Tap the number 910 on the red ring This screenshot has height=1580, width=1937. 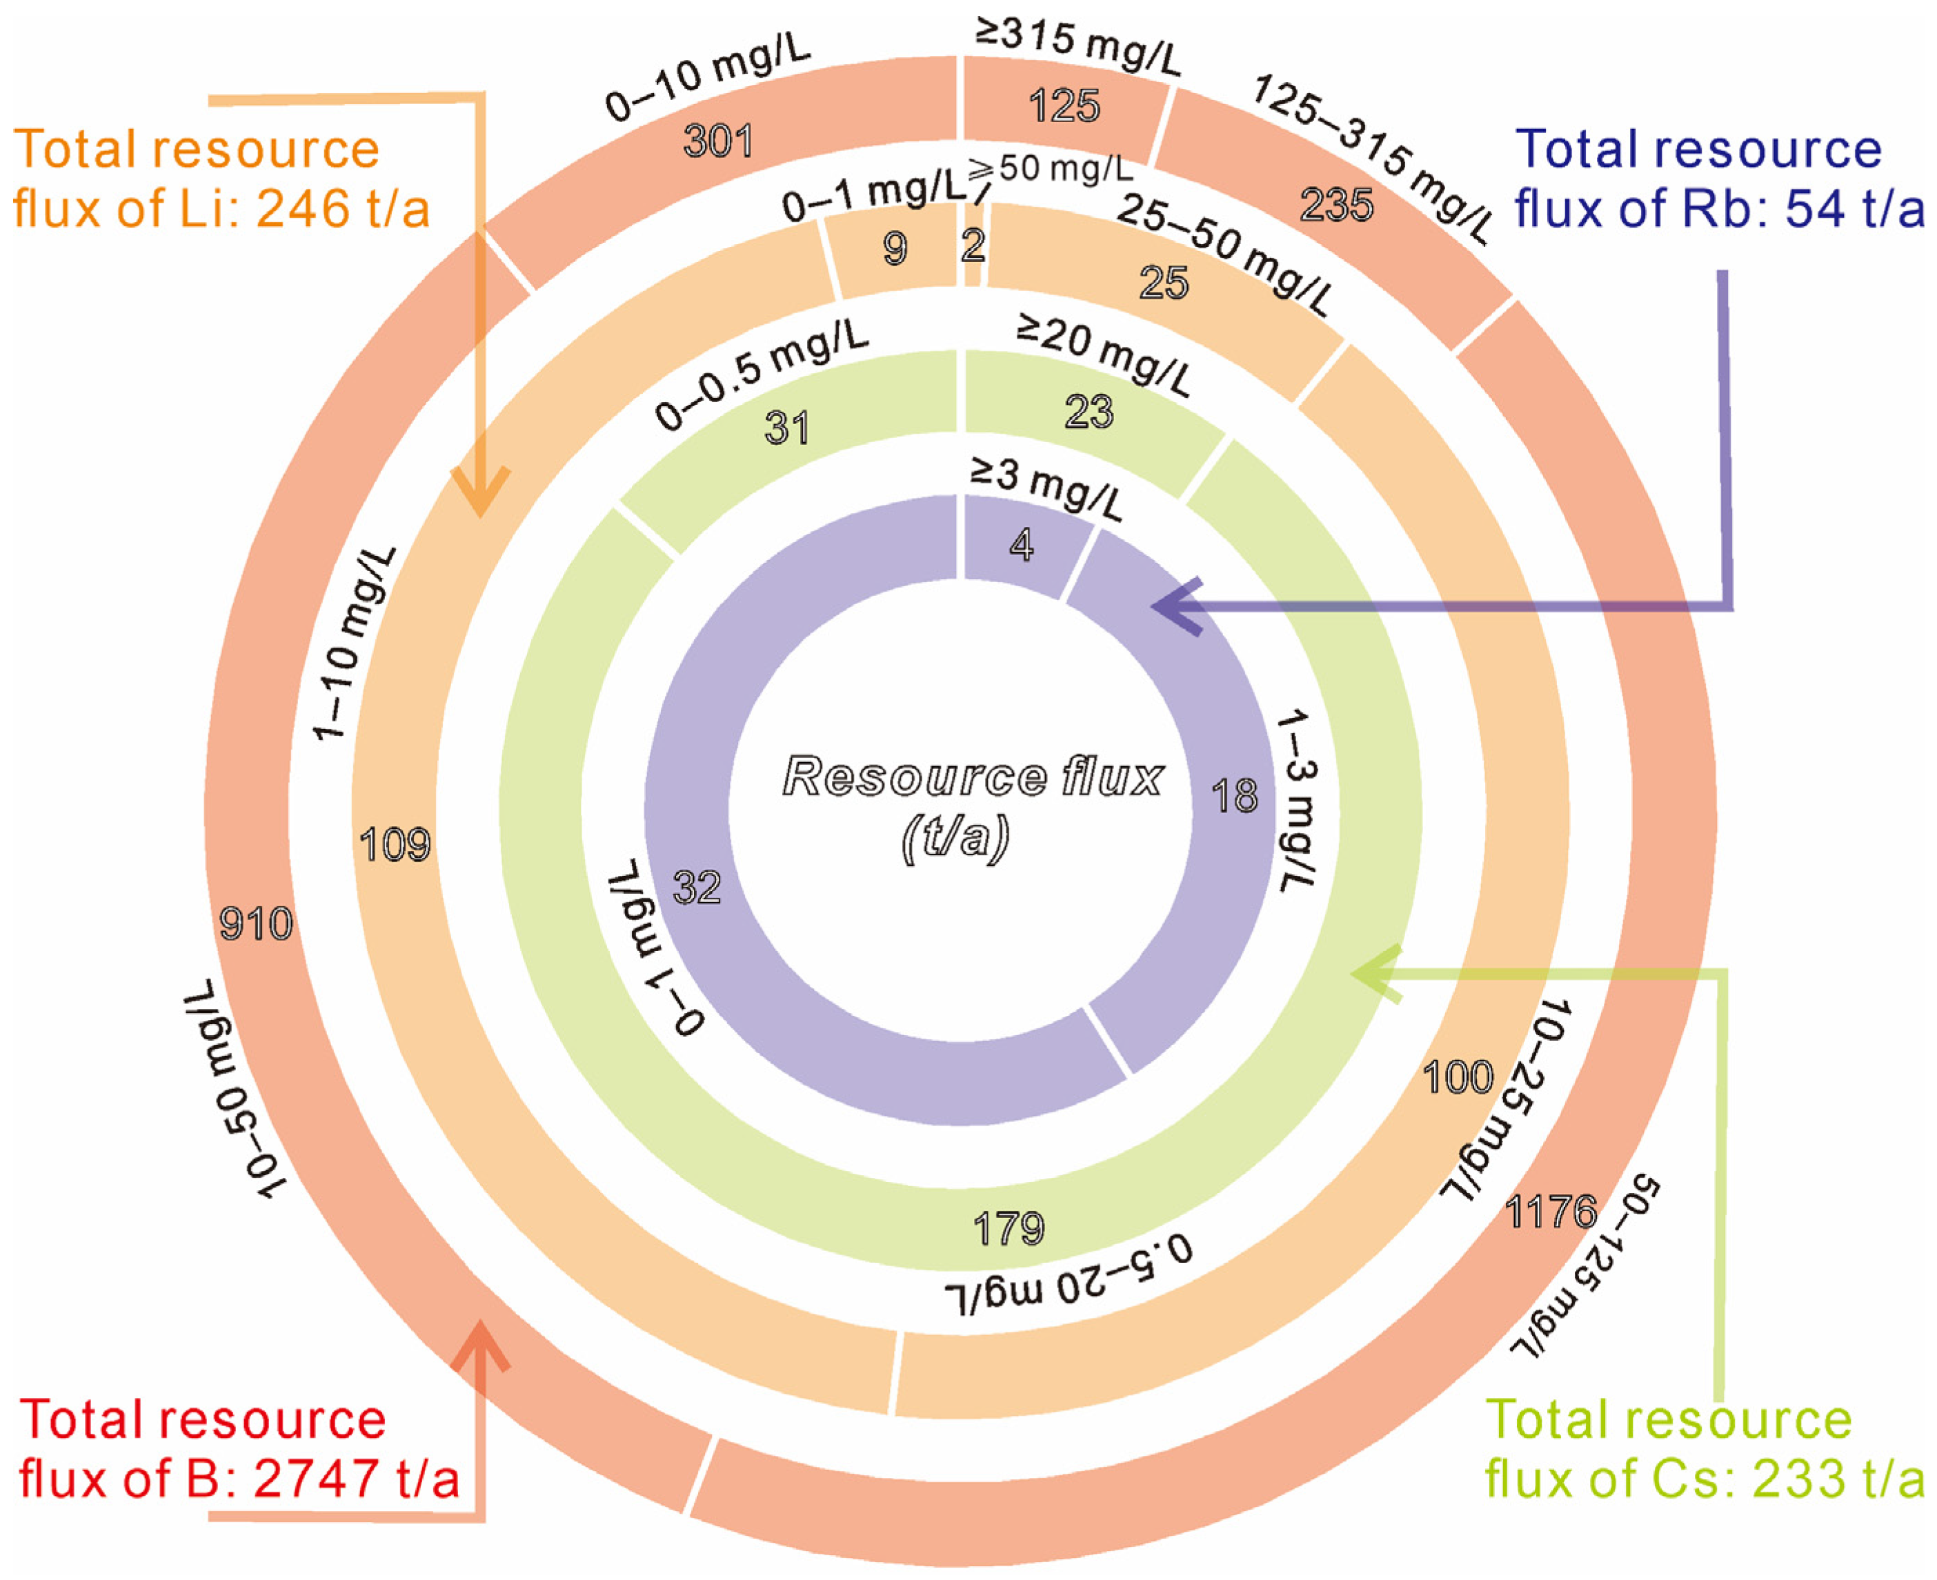(256, 923)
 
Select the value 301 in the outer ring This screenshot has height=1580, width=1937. (718, 141)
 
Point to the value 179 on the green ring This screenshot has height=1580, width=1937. (1009, 1229)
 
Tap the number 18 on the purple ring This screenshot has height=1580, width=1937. (1234, 797)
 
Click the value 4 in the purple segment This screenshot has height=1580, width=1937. (1022, 546)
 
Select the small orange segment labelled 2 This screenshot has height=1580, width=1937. (973, 246)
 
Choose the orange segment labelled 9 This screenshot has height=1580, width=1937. (895, 248)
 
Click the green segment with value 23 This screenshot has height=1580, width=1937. (1089, 412)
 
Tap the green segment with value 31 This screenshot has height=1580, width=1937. (787, 428)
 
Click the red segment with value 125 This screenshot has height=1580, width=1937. (1064, 106)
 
